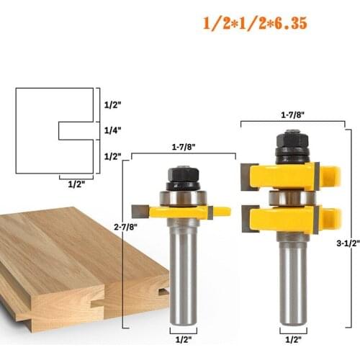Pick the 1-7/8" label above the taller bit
point(293,114)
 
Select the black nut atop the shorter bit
point(183,177)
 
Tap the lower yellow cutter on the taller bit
point(288,219)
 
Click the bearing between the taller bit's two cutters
point(288,197)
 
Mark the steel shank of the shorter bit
point(184,274)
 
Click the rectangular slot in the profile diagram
point(76,130)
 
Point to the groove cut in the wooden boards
point(161,292)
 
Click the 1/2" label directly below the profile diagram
point(76,184)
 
